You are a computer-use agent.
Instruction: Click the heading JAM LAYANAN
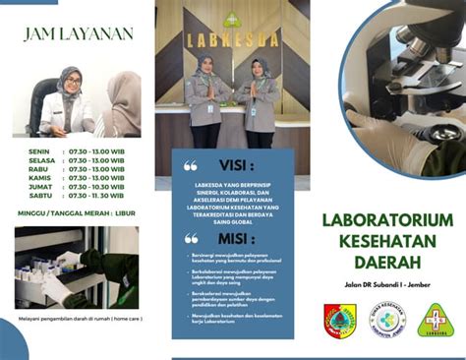tap(79, 33)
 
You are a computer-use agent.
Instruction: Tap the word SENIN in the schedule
tap(40, 151)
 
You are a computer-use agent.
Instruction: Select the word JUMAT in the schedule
tap(41, 187)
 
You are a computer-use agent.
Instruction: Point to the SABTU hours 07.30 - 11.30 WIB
tap(95, 196)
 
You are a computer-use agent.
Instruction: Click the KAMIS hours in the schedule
tap(95, 178)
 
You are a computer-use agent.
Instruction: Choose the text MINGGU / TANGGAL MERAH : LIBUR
tap(78, 212)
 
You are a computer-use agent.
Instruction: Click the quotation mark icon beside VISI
tap(191, 165)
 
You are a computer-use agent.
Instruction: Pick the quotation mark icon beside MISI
tap(191, 238)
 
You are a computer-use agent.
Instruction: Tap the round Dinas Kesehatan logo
tap(386, 320)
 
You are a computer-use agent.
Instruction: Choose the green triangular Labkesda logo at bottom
tap(435, 320)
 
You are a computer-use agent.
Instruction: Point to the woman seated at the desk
tap(69, 103)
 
